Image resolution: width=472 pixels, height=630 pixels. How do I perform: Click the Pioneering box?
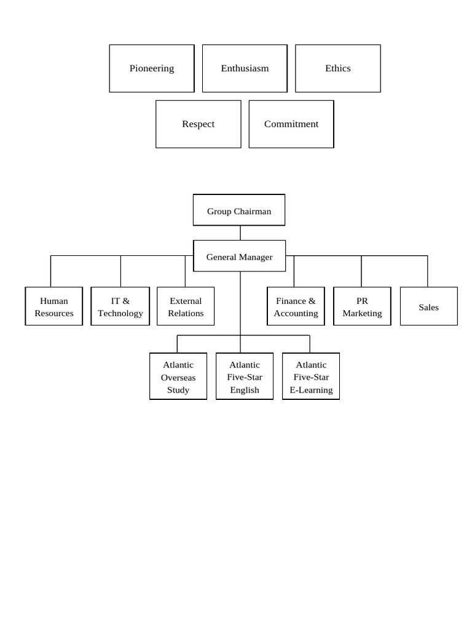(x=152, y=68)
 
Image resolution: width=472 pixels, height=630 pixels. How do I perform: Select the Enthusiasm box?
(x=245, y=68)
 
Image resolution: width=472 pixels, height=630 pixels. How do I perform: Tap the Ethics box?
(x=338, y=68)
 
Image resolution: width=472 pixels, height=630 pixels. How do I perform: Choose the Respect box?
(x=199, y=124)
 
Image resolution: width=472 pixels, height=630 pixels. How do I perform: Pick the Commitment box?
(x=291, y=124)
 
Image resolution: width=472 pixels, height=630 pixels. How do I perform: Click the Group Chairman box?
(x=239, y=210)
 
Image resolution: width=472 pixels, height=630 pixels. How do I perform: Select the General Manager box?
(x=240, y=256)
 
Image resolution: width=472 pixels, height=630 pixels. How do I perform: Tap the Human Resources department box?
(x=54, y=306)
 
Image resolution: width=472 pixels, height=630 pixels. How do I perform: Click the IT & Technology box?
(x=120, y=306)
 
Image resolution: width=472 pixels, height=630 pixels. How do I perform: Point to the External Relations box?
(x=186, y=306)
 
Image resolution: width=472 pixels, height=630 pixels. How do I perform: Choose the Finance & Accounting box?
(x=296, y=306)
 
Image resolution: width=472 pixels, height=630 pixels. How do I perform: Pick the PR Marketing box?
(x=363, y=306)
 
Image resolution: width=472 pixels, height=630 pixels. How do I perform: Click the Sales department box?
(x=429, y=306)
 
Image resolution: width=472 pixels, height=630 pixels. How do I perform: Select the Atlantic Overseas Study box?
(x=178, y=377)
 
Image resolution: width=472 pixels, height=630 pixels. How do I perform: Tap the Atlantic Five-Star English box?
(x=245, y=377)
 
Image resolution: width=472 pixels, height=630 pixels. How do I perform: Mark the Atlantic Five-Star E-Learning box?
(x=311, y=377)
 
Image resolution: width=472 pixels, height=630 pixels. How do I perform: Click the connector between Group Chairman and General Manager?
(x=240, y=233)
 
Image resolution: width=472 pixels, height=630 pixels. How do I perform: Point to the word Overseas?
(x=178, y=378)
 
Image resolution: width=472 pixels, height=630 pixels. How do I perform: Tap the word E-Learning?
(x=312, y=390)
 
